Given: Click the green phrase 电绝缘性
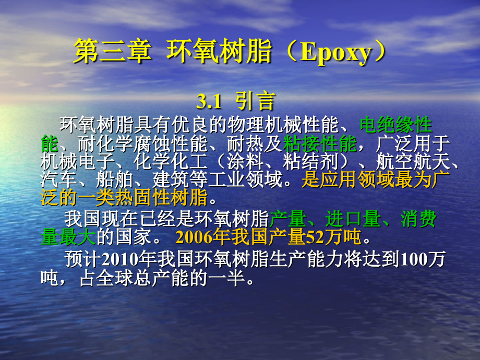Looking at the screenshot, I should (x=396, y=126).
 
